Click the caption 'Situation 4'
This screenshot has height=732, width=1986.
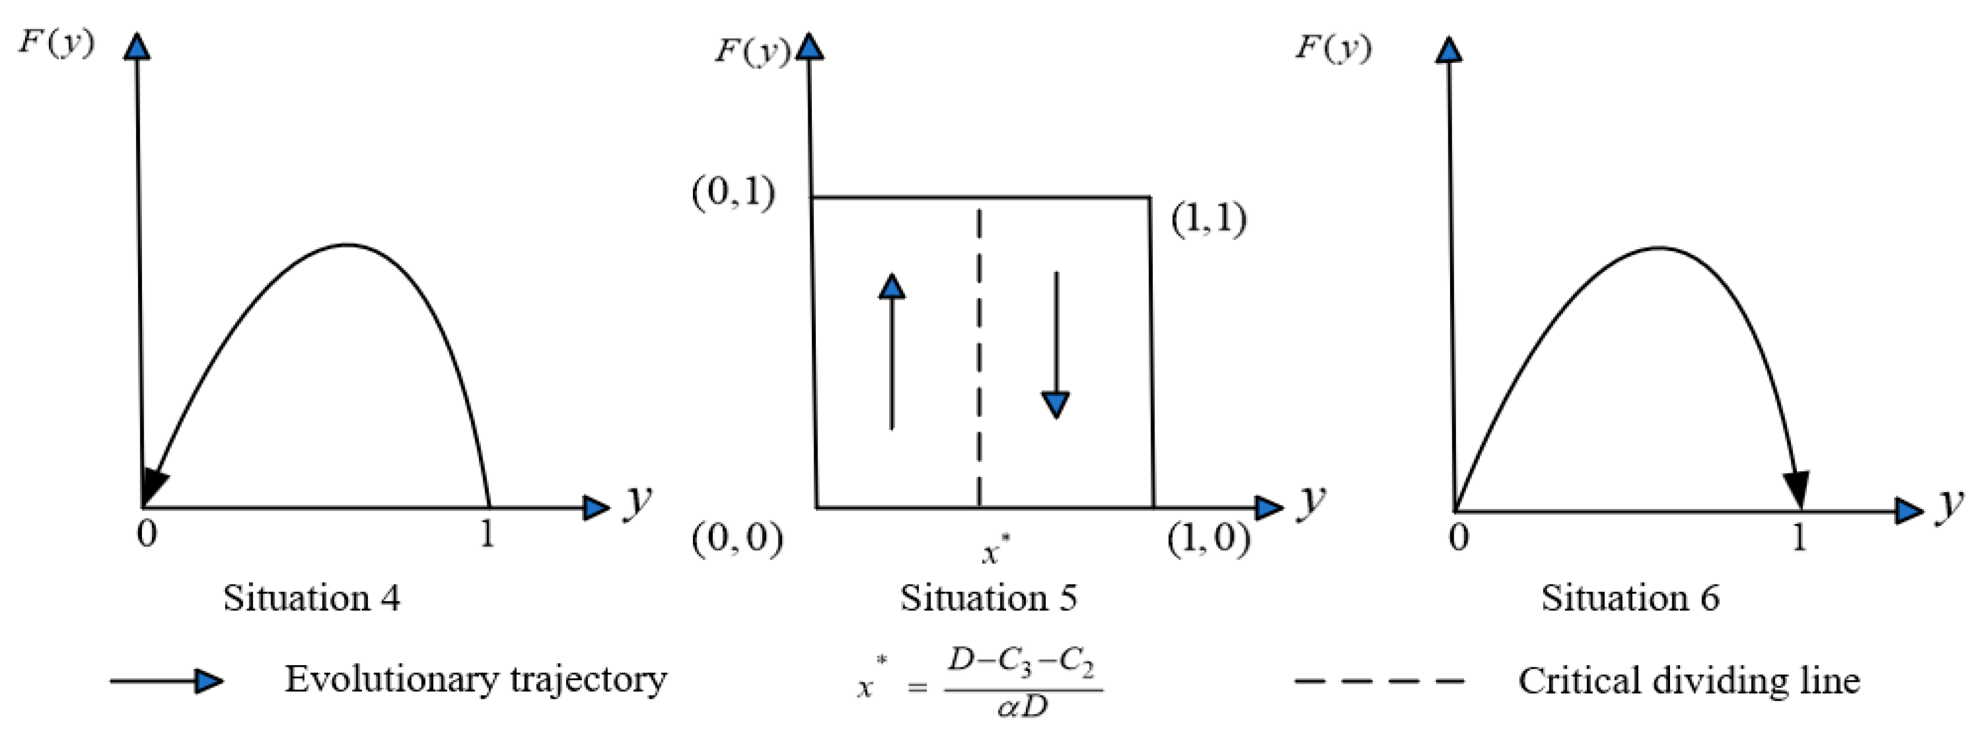coord(311,598)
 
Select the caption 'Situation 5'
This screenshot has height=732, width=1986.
coord(989,598)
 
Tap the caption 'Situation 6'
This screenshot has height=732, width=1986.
coord(1630,598)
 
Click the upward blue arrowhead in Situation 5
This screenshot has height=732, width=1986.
coord(892,287)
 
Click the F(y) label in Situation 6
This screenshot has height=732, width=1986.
coord(1332,48)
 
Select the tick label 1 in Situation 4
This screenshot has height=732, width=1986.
coord(486,533)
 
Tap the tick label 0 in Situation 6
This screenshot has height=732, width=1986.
coord(1458,536)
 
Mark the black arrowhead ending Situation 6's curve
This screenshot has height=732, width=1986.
coord(1797,490)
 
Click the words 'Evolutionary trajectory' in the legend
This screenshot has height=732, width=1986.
coord(475,680)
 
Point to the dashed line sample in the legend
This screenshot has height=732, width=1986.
coord(1378,681)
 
